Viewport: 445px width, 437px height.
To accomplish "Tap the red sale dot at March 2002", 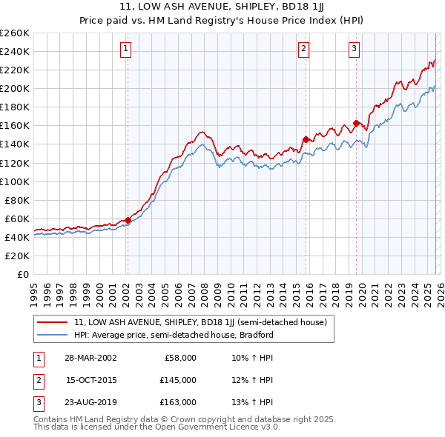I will [x=128, y=220].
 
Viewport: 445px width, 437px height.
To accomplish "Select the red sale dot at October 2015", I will [x=305, y=139].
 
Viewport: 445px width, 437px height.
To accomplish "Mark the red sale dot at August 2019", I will [x=356, y=123].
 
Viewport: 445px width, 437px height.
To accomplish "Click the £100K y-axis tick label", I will [x=15, y=181].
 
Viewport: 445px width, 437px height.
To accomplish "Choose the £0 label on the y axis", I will [x=22, y=274].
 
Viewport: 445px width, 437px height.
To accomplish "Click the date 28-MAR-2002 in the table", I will [x=90, y=358].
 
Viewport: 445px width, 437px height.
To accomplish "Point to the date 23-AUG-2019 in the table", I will [x=90, y=402].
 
